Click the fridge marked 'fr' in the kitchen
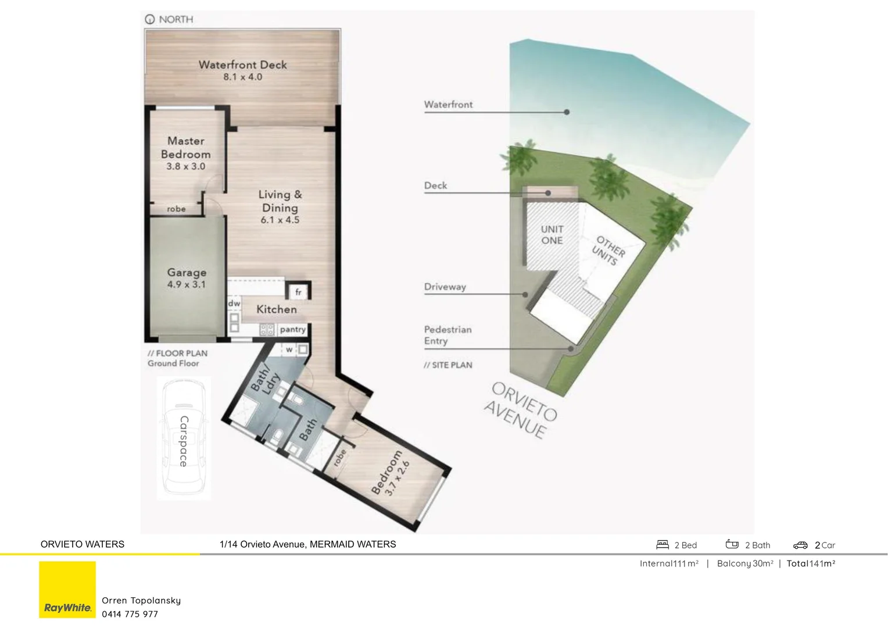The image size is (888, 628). click(298, 292)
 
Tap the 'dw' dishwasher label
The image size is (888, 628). click(234, 304)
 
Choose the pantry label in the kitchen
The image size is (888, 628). click(292, 330)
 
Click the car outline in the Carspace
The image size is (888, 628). click(183, 437)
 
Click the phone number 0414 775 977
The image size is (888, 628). click(130, 614)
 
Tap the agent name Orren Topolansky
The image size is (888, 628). click(141, 601)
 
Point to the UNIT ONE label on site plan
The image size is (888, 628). click(552, 235)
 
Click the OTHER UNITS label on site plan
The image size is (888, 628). click(608, 251)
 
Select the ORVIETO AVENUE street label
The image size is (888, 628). click(521, 411)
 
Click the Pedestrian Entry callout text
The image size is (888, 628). click(447, 335)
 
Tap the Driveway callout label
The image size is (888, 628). click(445, 287)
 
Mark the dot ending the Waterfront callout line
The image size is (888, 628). click(567, 112)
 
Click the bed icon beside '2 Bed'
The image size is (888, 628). click(663, 545)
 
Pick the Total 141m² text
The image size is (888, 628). click(811, 563)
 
